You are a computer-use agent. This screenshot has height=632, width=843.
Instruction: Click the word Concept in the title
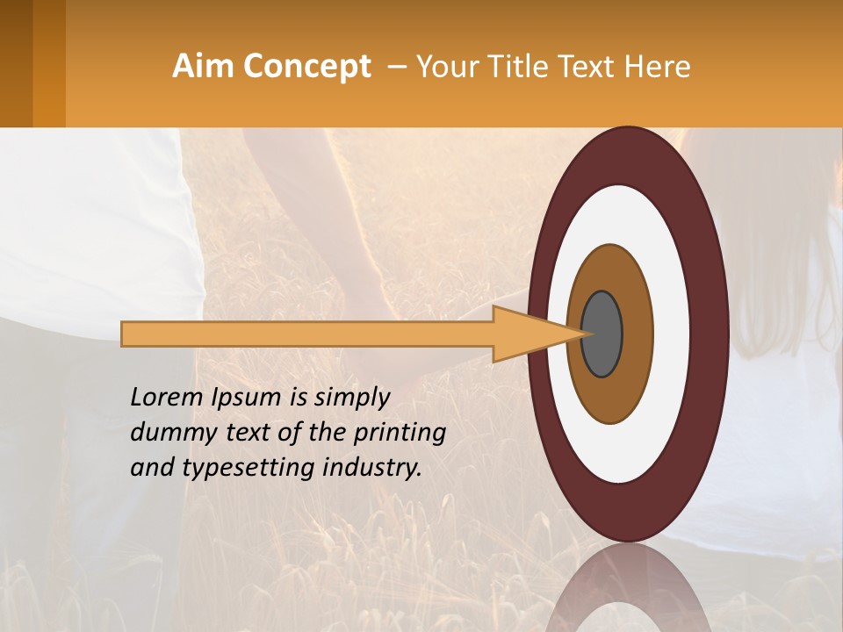[x=306, y=66]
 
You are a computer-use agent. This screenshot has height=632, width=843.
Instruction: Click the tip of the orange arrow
[x=583, y=334]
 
